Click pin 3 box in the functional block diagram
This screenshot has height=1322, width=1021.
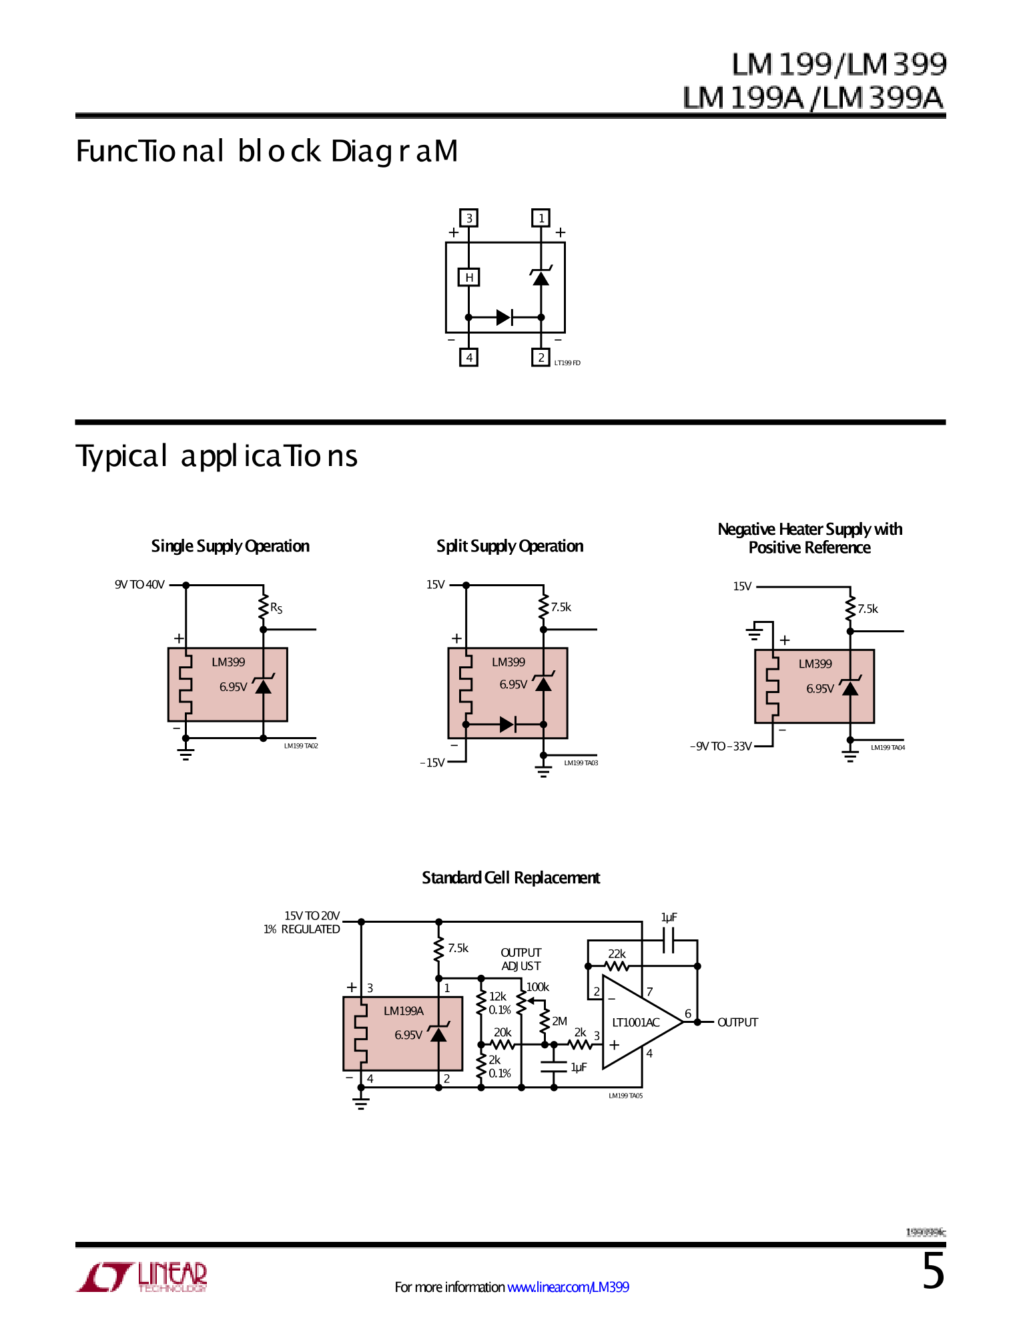point(469,218)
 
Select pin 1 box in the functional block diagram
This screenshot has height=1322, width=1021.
point(541,218)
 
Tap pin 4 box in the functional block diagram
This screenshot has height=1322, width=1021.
point(469,358)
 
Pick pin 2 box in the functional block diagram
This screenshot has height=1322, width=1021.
point(541,357)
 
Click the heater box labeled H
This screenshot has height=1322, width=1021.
point(469,277)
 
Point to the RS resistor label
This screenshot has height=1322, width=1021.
point(276,608)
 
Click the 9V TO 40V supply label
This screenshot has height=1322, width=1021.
point(139,585)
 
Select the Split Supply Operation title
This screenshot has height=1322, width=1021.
point(510,546)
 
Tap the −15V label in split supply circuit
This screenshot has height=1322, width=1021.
point(432,762)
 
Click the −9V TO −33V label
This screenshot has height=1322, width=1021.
point(721,746)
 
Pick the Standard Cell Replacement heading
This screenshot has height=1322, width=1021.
point(510,877)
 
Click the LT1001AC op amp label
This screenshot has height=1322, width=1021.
point(635,1022)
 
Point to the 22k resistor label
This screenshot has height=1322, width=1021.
point(617,953)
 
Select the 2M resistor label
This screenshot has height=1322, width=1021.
point(559,1021)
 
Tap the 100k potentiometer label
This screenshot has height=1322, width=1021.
point(537,987)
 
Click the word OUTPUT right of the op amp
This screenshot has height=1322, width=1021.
point(737,1022)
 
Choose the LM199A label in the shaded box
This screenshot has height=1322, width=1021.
point(403,1011)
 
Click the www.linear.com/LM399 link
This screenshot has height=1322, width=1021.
point(568,1287)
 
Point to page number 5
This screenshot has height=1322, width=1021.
point(933,1271)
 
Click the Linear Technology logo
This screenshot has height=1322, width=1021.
point(142,1277)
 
